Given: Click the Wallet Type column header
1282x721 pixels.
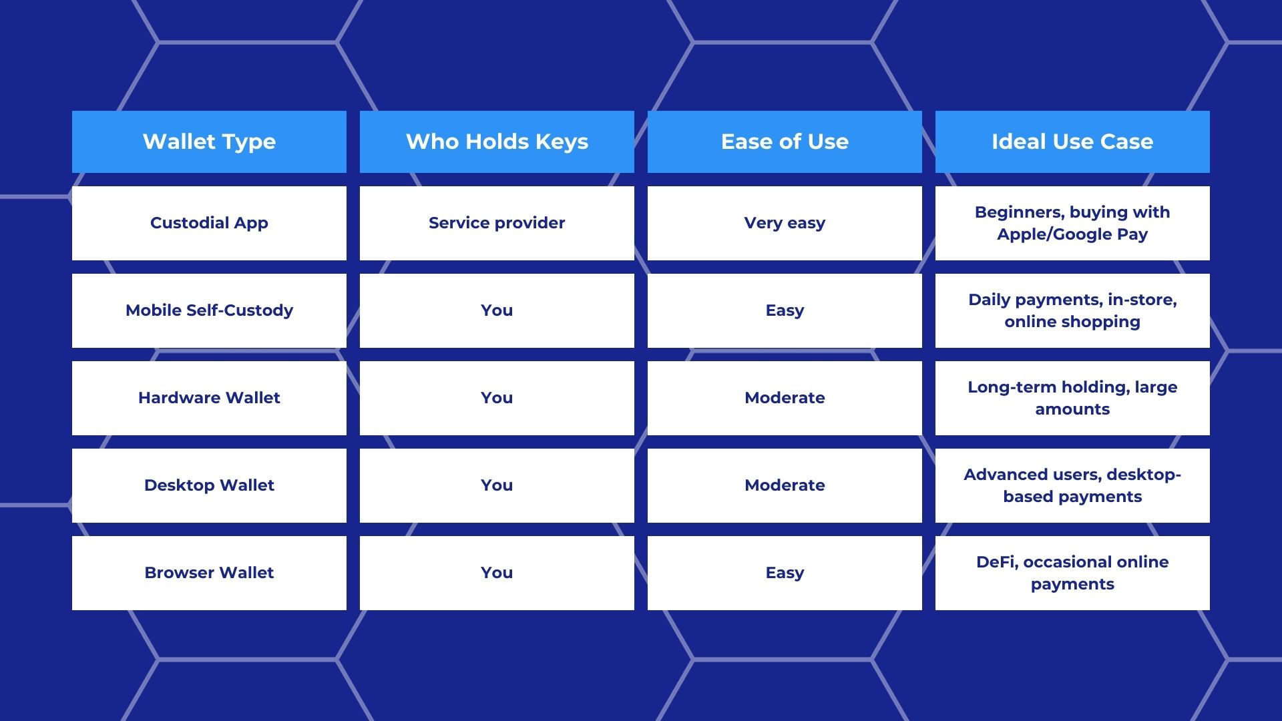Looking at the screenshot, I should pyautogui.click(x=209, y=142).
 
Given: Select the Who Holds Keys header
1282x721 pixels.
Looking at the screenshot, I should pyautogui.click(x=497, y=142).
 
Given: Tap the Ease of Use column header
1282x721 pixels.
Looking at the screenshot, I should pyautogui.click(x=785, y=142).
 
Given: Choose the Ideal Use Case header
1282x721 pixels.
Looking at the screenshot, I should pyautogui.click(x=1072, y=142).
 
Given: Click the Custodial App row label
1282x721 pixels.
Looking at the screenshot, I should pyautogui.click(x=209, y=223).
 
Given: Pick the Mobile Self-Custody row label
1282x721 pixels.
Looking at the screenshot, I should pyautogui.click(x=209, y=310).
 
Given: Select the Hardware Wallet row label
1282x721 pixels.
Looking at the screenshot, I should pyautogui.click(x=209, y=398).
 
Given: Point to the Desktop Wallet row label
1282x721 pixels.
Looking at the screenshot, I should pyautogui.click(x=209, y=485).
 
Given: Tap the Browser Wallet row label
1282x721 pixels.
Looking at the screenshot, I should pyautogui.click(x=209, y=573).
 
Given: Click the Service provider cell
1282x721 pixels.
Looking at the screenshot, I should pyautogui.click(x=497, y=223).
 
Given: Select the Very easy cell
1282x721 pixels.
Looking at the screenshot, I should pyautogui.click(x=785, y=223).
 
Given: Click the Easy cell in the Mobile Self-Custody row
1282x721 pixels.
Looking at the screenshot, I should pyautogui.click(x=785, y=310).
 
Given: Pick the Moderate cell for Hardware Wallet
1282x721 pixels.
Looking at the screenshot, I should pyautogui.click(x=785, y=398).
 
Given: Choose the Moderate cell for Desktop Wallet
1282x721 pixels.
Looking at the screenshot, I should pyautogui.click(x=785, y=485).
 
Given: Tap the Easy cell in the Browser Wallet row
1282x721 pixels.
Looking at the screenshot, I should pyautogui.click(x=785, y=573).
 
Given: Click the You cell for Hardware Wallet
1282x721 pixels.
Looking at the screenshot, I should pyautogui.click(x=497, y=398).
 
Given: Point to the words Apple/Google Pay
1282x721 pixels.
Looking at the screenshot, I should pyautogui.click(x=1072, y=234).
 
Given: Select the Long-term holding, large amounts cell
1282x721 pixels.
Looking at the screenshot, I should pyautogui.click(x=1072, y=398).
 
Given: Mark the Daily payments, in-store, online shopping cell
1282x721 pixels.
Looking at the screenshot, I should pyautogui.click(x=1072, y=310).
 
